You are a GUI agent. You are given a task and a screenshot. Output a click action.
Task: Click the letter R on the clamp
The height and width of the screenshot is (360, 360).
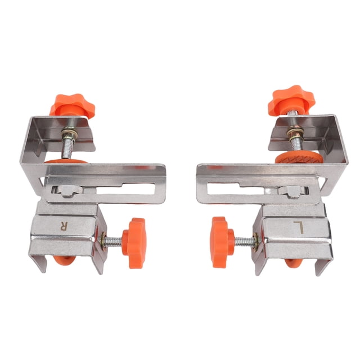pos(64,226)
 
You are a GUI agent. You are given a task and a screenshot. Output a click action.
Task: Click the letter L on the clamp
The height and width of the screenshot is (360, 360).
pos(299,227)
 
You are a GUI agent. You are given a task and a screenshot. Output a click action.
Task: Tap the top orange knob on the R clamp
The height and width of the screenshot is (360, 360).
pos(72,106)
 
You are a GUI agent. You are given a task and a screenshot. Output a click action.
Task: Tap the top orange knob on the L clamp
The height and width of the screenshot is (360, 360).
pos(291,100)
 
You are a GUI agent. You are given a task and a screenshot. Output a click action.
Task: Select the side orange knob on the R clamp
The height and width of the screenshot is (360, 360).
pos(134,243)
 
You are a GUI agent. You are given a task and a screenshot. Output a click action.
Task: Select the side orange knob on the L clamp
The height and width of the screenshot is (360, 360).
pos(222,242)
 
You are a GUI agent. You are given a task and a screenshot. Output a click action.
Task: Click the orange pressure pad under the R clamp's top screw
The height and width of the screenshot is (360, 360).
pos(66,161)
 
